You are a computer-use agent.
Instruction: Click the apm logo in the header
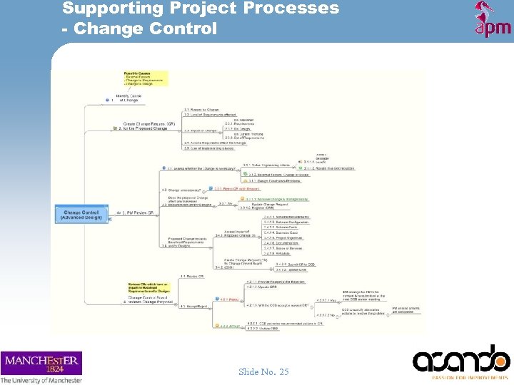pyautogui.click(x=493, y=20)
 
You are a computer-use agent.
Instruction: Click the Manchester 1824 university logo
pyautogui.click(x=41, y=363)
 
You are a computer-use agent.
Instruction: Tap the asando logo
pyautogui.click(x=461, y=360)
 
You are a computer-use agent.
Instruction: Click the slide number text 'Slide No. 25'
pyautogui.click(x=264, y=371)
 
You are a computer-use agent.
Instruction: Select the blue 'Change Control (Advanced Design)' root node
pyautogui.click(x=81, y=214)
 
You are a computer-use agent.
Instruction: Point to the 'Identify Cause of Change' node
pyautogui.click(x=128, y=98)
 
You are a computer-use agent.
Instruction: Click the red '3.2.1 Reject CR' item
pyautogui.click(x=227, y=189)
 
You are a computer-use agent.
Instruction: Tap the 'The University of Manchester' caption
pyautogui.click(x=41, y=380)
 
